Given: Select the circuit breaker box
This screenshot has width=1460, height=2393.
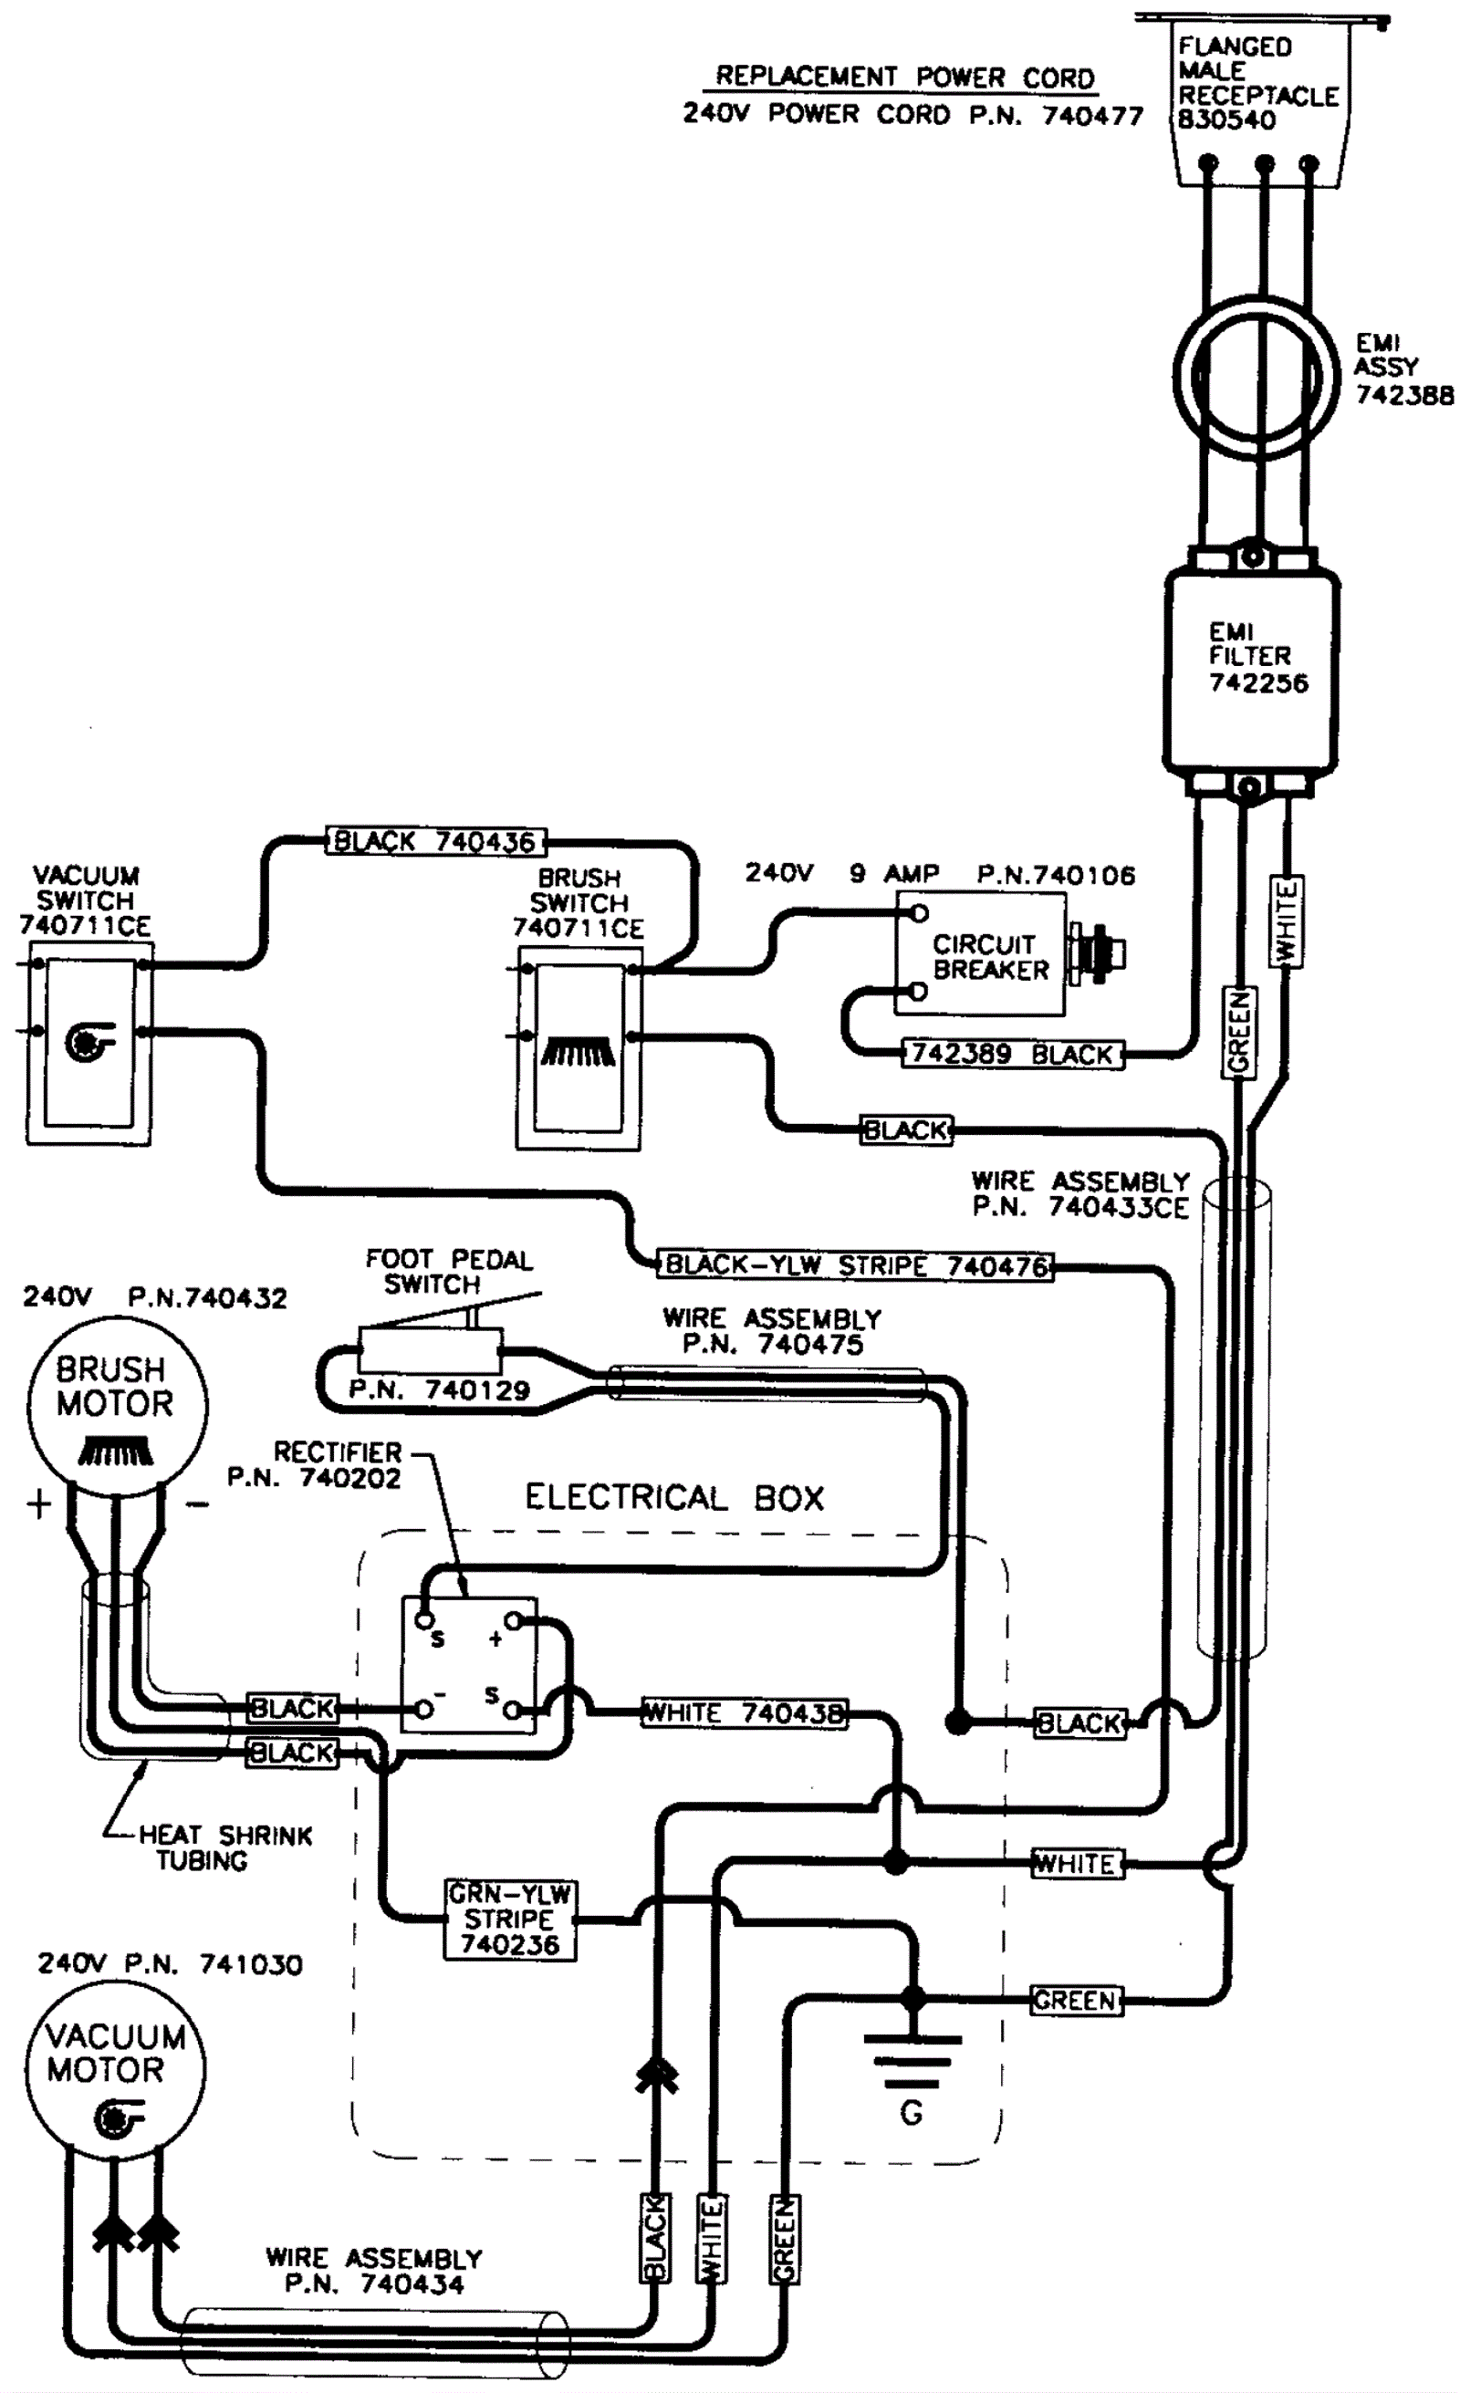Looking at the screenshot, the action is [x=979, y=953].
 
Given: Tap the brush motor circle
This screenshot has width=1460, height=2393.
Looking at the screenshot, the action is [x=117, y=1405].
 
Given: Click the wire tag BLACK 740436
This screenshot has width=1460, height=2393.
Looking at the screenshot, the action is [x=435, y=841].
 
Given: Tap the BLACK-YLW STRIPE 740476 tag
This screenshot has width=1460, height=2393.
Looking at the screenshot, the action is [x=855, y=1265].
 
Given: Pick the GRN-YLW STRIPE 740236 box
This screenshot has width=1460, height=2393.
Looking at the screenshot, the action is [x=510, y=1920].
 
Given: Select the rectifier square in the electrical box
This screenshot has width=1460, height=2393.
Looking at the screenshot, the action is [x=469, y=1665].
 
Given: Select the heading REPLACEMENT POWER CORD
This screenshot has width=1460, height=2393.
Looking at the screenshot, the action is [x=904, y=77].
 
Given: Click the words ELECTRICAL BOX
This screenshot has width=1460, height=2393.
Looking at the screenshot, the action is [x=674, y=1498].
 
